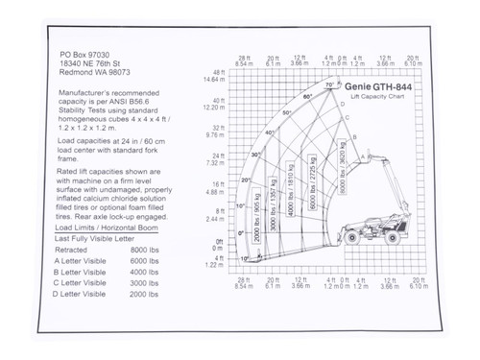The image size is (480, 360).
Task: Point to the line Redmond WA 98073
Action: point(94,73)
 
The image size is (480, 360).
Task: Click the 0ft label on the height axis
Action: point(220,241)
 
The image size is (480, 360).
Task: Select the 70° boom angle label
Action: point(330,85)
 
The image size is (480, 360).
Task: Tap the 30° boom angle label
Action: point(255,155)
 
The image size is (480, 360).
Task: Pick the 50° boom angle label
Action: point(286,112)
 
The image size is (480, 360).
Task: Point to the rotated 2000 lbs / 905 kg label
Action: point(258,222)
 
